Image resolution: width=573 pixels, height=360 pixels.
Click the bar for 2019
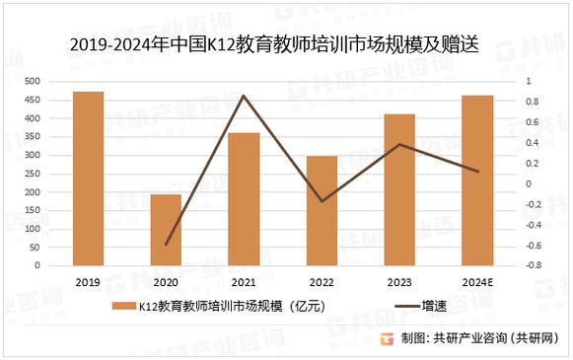[88, 179]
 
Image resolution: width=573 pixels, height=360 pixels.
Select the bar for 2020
[166, 230]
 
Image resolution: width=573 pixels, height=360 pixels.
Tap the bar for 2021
[244, 198]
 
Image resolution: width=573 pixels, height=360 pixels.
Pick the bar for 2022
[322, 210]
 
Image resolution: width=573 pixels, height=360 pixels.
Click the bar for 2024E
[477, 180]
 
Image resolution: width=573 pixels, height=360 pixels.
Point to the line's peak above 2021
[244, 96]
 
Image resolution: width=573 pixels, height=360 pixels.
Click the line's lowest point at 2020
[166, 244]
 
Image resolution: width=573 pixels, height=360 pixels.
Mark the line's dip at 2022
[322, 201]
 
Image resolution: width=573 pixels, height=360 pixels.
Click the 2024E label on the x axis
[477, 282]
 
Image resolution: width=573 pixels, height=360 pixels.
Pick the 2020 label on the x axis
[166, 282]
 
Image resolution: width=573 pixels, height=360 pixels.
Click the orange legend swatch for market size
[122, 306]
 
